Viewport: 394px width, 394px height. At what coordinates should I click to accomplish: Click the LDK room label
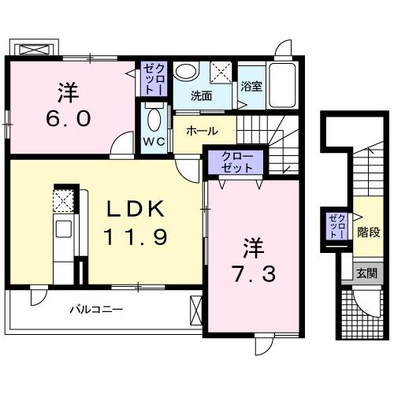coord(136,210)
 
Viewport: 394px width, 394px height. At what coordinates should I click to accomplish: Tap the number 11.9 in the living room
coord(136,236)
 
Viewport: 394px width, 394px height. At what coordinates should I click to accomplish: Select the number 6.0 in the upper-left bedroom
coord(71,119)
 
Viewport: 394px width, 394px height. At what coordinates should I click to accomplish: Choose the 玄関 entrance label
coord(366,273)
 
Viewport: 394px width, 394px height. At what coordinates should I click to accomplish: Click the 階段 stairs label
coord(369,232)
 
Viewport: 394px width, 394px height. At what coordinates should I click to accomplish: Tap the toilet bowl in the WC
coord(153,121)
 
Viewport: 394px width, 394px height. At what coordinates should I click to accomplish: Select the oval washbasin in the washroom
coord(187,72)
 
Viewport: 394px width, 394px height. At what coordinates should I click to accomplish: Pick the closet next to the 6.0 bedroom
coord(152,79)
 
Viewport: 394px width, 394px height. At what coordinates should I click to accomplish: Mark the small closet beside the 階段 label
coord(336,226)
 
